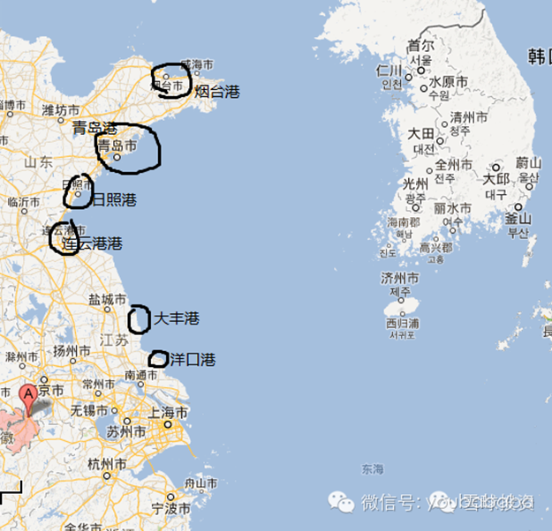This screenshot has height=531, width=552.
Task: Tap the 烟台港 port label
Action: [x=216, y=91]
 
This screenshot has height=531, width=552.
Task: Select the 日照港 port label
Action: [x=115, y=199]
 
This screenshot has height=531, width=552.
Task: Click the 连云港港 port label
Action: [x=96, y=243]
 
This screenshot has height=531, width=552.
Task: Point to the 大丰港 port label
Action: [x=177, y=318]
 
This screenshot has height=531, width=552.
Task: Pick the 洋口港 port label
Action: [x=192, y=360]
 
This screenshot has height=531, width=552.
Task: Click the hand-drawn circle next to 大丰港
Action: [x=139, y=319]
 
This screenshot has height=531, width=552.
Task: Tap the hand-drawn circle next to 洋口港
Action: [x=158, y=359]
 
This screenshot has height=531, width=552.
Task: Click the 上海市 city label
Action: [x=170, y=413]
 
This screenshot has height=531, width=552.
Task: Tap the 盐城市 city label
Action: [x=108, y=300]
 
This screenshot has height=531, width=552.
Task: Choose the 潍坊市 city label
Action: [x=61, y=111]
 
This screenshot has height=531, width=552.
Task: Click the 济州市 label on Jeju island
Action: [x=400, y=279]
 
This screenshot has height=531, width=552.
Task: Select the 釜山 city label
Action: [x=518, y=219]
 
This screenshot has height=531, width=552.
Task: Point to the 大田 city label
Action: [x=420, y=133]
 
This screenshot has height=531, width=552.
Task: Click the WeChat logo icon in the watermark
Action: [x=342, y=501]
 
